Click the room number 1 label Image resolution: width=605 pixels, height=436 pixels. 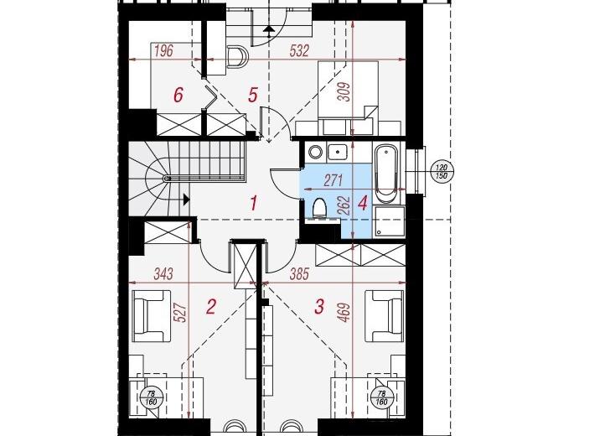[254, 203]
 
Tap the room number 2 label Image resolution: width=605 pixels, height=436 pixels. [211, 307]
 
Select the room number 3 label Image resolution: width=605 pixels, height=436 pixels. [319, 307]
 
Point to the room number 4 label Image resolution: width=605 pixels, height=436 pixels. [363, 203]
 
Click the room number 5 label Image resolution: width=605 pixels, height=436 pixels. [253, 95]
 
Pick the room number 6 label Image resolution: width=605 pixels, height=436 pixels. [178, 95]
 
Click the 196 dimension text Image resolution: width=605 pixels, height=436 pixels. [163, 50]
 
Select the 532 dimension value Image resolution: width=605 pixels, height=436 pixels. [299, 50]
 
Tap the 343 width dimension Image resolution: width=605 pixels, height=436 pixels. [163, 274]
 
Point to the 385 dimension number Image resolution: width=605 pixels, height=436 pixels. [299, 274]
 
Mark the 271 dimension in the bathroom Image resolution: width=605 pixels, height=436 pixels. [333, 180]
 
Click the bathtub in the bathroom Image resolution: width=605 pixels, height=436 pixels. [386, 174]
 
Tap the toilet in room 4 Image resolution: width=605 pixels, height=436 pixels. [319, 209]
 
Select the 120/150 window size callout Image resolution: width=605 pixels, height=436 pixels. [442, 172]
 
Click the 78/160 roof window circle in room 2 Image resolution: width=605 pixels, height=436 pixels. [151, 397]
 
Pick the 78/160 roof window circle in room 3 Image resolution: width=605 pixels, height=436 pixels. [381, 397]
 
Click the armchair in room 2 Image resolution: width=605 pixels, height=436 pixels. [151, 316]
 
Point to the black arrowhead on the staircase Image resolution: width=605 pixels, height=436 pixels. [187, 200]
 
